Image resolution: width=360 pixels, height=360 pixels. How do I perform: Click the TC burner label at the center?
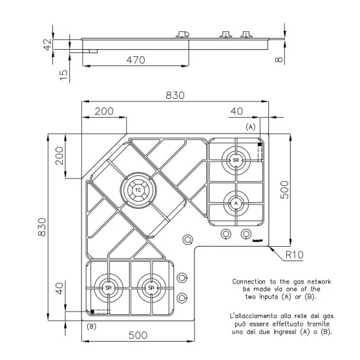pyautogui.click(x=138, y=190)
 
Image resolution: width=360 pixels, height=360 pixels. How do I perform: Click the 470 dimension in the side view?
pyautogui.click(x=135, y=60)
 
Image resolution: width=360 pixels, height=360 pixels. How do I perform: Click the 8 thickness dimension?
pyautogui.click(x=279, y=61)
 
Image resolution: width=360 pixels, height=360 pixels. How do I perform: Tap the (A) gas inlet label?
pyautogui.click(x=250, y=126)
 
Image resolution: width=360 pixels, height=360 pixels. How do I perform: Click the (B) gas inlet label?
pyautogui.click(x=91, y=325)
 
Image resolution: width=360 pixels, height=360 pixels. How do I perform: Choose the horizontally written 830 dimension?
pyautogui.click(x=175, y=95)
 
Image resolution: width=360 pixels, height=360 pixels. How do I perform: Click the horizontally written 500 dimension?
pyautogui.click(x=136, y=335)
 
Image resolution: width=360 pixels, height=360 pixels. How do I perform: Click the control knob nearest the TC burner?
pyautogui.click(x=188, y=240)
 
